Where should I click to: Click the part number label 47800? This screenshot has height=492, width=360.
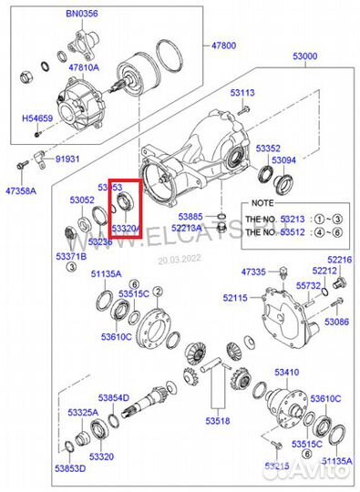click(x=224, y=45)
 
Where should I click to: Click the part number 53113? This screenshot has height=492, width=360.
click(x=242, y=93)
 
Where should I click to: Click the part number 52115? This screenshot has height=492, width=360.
click(x=236, y=299)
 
